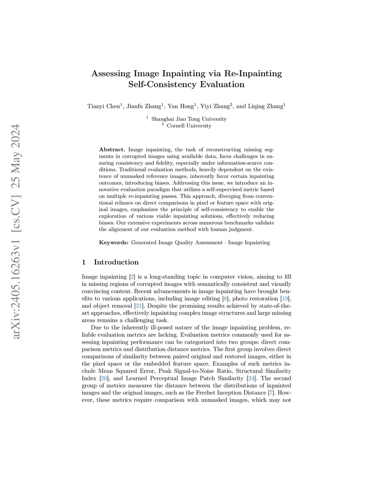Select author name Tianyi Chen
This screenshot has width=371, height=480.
(104, 106)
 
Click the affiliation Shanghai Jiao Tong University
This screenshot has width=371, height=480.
(189, 119)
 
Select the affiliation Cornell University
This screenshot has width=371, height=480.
(189, 126)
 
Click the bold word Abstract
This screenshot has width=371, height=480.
(112, 150)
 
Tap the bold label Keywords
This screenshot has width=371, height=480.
(113, 243)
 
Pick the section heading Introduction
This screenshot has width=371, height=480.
(116, 262)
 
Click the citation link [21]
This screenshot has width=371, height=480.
(138, 306)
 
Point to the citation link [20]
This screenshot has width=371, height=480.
(104, 379)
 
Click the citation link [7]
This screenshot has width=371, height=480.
(271, 393)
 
